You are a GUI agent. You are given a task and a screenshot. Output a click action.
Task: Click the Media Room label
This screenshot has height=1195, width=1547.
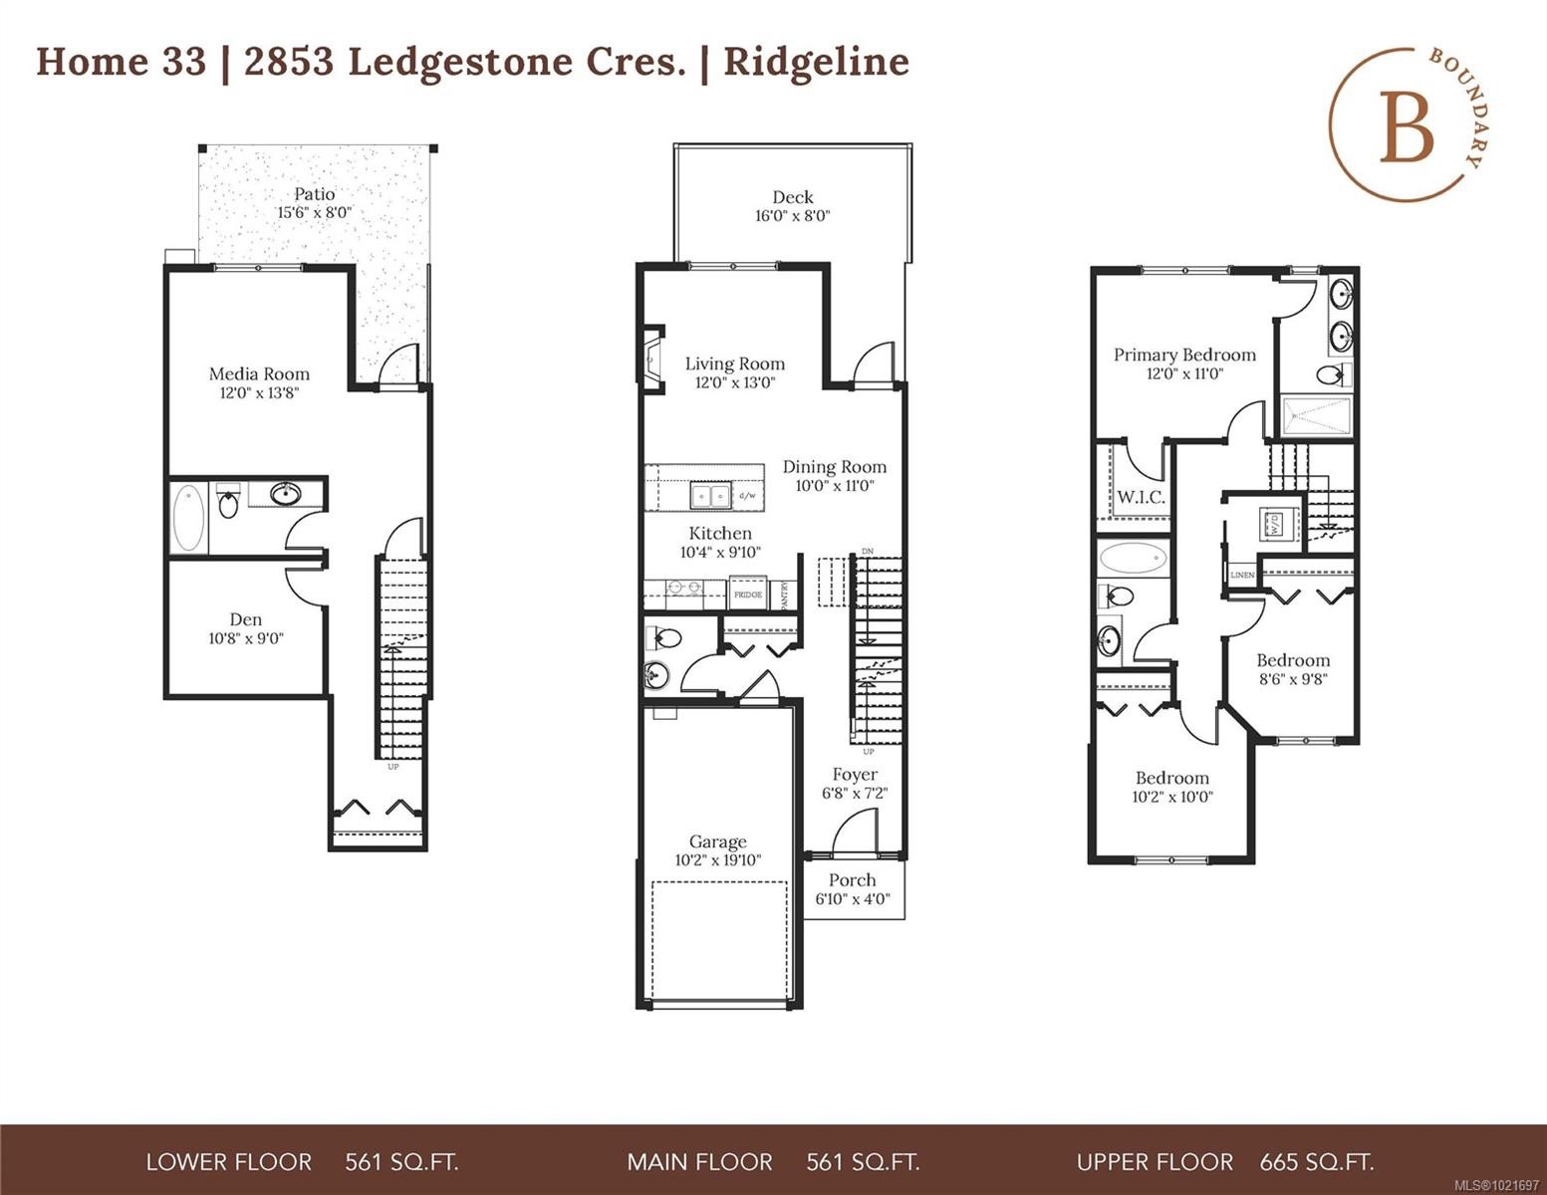(259, 374)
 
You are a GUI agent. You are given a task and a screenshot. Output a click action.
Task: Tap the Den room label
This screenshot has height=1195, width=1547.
(246, 619)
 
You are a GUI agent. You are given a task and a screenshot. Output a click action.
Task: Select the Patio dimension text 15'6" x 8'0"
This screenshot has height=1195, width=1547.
(314, 213)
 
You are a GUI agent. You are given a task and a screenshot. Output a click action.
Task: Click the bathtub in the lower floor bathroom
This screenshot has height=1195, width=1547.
(188, 518)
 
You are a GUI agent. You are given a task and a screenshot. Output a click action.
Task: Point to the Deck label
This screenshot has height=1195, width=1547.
(793, 197)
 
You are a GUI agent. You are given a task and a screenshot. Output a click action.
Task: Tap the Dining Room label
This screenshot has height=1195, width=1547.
(834, 467)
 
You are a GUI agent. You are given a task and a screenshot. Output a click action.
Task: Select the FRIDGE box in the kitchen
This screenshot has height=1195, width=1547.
(748, 594)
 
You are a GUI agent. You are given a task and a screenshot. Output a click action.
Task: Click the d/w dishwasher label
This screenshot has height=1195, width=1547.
(747, 495)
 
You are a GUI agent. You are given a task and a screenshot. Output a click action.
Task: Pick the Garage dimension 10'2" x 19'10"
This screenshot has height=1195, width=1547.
(717, 860)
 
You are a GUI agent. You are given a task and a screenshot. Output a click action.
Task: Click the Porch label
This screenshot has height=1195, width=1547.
(852, 880)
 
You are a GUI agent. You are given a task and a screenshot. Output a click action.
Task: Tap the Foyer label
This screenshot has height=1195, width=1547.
(855, 775)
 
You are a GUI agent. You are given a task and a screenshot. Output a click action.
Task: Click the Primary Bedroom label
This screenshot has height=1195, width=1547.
(1184, 355)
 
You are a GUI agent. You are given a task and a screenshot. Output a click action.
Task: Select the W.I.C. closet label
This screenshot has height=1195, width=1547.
(1141, 497)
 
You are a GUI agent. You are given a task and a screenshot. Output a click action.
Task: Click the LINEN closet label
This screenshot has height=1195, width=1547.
(1242, 576)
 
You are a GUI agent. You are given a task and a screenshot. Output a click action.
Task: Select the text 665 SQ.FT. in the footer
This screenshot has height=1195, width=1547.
(1316, 1162)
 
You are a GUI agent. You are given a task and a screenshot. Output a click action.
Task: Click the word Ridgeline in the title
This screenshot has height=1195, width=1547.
(816, 62)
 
